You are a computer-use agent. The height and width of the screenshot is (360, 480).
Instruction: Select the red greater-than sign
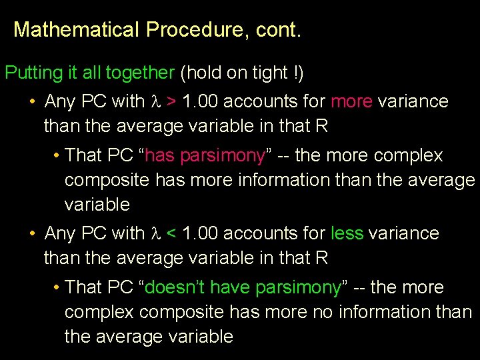172,102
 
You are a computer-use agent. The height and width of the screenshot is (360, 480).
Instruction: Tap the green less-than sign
172,234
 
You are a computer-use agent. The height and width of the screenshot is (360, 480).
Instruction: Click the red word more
351,102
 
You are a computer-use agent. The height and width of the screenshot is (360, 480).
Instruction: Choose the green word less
347,234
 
